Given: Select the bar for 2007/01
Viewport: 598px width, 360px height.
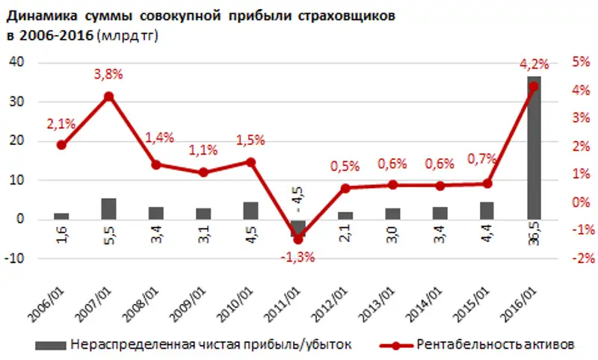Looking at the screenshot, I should (x=108, y=209).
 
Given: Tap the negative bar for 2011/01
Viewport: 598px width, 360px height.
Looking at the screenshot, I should (x=298, y=228).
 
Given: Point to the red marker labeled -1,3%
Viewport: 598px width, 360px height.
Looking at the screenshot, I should (x=298, y=240).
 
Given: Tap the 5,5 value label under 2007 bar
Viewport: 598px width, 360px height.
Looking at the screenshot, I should (x=108, y=238).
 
